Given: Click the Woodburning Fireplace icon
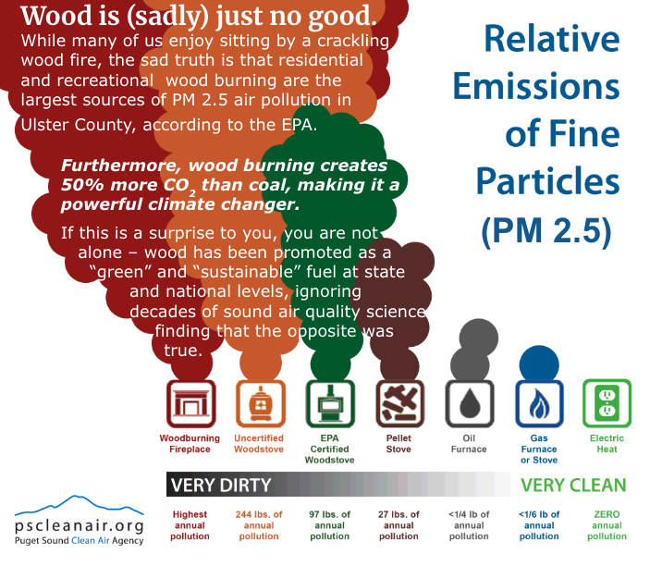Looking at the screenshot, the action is [x=190, y=403].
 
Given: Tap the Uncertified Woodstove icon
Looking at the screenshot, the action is [x=261, y=403].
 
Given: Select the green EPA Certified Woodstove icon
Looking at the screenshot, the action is [x=330, y=403].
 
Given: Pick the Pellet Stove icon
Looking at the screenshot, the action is [x=399, y=403].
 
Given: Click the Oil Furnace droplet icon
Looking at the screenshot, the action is [x=470, y=403].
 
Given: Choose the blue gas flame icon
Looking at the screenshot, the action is [x=539, y=403].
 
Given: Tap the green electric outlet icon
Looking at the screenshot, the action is [x=607, y=403].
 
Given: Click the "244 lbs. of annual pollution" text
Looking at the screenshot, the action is [x=259, y=525].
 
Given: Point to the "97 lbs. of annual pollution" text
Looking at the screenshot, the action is [x=329, y=525].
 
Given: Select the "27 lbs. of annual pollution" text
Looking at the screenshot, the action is [x=399, y=525].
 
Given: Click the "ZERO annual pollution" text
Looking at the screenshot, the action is [x=607, y=525].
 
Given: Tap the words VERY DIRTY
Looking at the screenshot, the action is [x=221, y=485].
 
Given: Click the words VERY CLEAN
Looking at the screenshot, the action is [x=573, y=485].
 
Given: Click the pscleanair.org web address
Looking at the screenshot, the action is [x=80, y=526].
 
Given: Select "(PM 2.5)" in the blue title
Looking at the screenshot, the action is [x=546, y=230].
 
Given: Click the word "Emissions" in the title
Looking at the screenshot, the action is [x=536, y=86].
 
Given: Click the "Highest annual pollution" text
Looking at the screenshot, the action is [x=190, y=525].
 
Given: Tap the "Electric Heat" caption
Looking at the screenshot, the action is [x=607, y=444].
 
